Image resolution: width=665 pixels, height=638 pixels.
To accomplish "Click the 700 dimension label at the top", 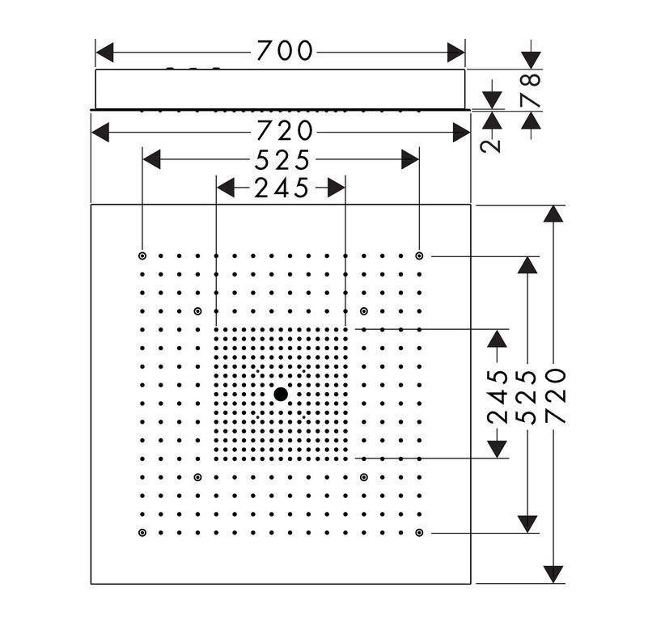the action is click(285, 51).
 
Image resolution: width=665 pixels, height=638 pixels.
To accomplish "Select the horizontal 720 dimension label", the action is click(285, 131).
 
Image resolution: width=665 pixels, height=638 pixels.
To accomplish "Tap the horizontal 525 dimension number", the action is click(282, 161).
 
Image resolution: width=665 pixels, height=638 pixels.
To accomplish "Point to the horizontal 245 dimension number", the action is click(282, 188).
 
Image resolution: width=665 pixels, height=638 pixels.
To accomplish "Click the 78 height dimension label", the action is click(531, 91).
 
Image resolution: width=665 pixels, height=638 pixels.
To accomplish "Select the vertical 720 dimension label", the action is click(555, 395).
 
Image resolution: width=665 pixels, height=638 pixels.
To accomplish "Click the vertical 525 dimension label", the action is click(527, 397).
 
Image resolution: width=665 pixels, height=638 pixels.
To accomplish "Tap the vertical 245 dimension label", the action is click(498, 397).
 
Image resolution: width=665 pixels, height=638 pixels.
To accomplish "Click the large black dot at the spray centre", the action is click(281, 395).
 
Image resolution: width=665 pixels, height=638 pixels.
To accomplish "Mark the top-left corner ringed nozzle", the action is click(142, 256).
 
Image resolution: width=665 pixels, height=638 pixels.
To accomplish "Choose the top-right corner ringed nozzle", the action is click(419, 256).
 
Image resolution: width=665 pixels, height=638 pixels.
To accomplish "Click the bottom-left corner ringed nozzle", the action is click(142, 533).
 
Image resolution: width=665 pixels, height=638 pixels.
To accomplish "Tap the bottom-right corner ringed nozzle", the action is click(419, 533).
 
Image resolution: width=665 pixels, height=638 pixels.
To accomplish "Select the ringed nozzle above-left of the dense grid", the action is click(197, 311).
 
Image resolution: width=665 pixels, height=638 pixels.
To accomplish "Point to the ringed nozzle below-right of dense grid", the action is click(364, 477).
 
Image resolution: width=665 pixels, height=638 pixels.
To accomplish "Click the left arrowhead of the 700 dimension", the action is click(104, 52).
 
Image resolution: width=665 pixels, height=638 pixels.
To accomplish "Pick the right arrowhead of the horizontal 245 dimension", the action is click(336, 188).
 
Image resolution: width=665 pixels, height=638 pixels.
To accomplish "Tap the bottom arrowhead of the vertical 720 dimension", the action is click(553, 575).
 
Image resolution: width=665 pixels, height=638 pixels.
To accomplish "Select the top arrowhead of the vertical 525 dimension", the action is click(527, 265).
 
